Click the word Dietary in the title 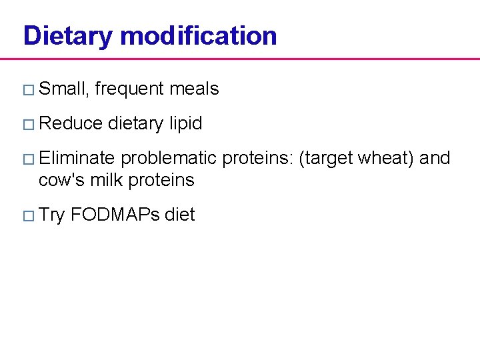67,36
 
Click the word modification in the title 198,35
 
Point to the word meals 194,89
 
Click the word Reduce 71,123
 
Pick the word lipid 185,124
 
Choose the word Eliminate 77,158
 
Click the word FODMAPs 115,215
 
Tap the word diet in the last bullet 180,215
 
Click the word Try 52,215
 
